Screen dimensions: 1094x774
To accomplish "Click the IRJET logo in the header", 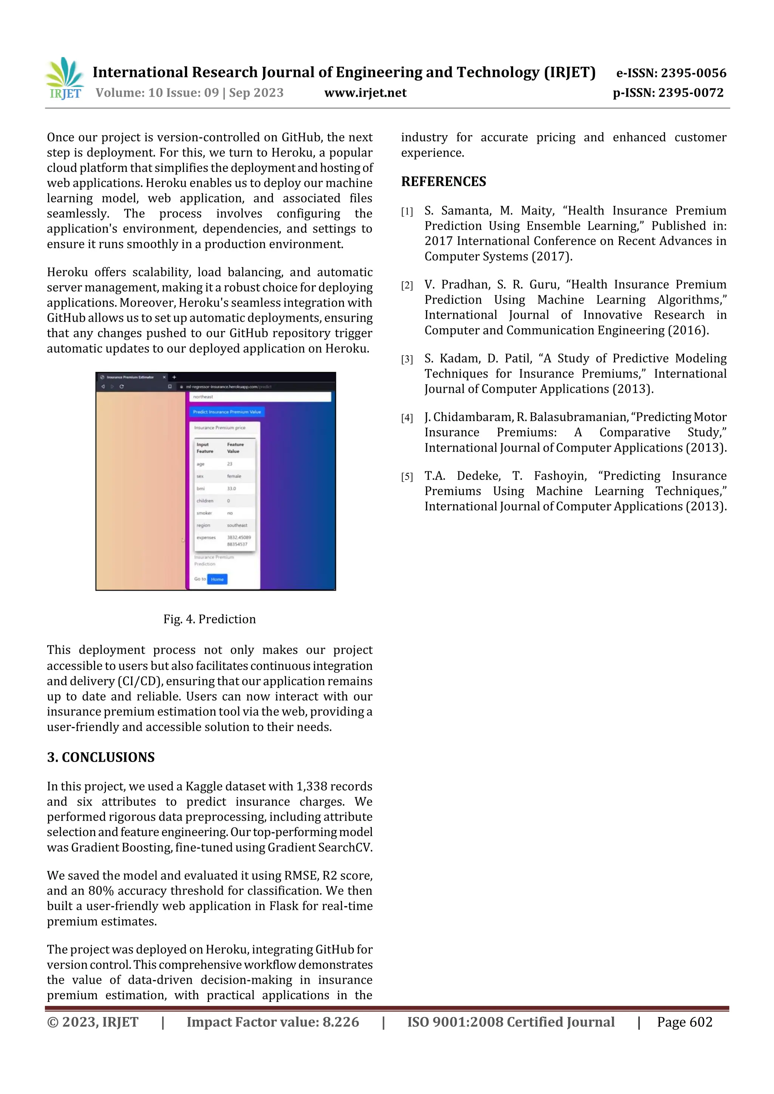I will click(64, 79).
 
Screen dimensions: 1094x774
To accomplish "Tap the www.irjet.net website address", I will click(365, 93).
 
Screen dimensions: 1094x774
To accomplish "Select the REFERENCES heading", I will click(444, 182).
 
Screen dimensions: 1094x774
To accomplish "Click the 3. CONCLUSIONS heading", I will click(101, 757).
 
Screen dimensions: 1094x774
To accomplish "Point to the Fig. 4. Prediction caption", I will click(209, 619).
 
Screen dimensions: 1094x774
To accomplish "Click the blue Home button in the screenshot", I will click(217, 579).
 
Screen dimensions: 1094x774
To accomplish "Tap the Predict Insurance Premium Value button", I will click(227, 412).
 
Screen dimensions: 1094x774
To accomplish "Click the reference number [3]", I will click(407, 359).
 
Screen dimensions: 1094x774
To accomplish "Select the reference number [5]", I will click(407, 477).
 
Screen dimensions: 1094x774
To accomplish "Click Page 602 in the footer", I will click(684, 1021).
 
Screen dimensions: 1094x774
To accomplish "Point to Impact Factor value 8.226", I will click(272, 1021).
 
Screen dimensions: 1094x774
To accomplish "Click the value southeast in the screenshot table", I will click(237, 525).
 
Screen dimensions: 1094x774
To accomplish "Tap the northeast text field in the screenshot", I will click(260, 397).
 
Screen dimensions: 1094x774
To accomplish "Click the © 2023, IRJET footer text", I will click(93, 1021).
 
